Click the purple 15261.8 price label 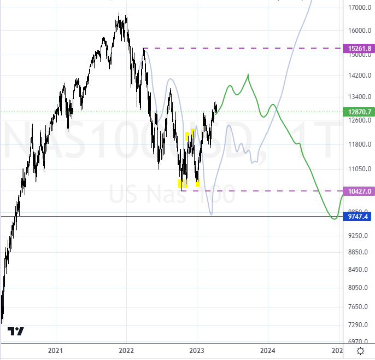tap(359, 49)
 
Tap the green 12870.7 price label tap(359, 112)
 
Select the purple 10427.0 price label tap(359, 191)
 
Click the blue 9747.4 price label tap(359, 216)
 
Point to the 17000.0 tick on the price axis tap(359, 8)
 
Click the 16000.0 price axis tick tap(359, 31)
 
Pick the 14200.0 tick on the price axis tap(359, 76)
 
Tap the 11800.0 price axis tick tap(359, 144)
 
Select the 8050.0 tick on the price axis tap(359, 288)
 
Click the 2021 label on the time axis tap(55, 350)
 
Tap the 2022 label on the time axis tap(126, 350)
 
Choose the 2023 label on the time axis tap(197, 350)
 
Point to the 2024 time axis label tap(268, 350)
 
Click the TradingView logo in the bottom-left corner tap(16, 331)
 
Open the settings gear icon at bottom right tap(361, 351)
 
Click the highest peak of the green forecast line tap(248, 74)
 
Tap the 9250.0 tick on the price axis tap(359, 236)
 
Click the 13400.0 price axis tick tap(359, 97)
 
